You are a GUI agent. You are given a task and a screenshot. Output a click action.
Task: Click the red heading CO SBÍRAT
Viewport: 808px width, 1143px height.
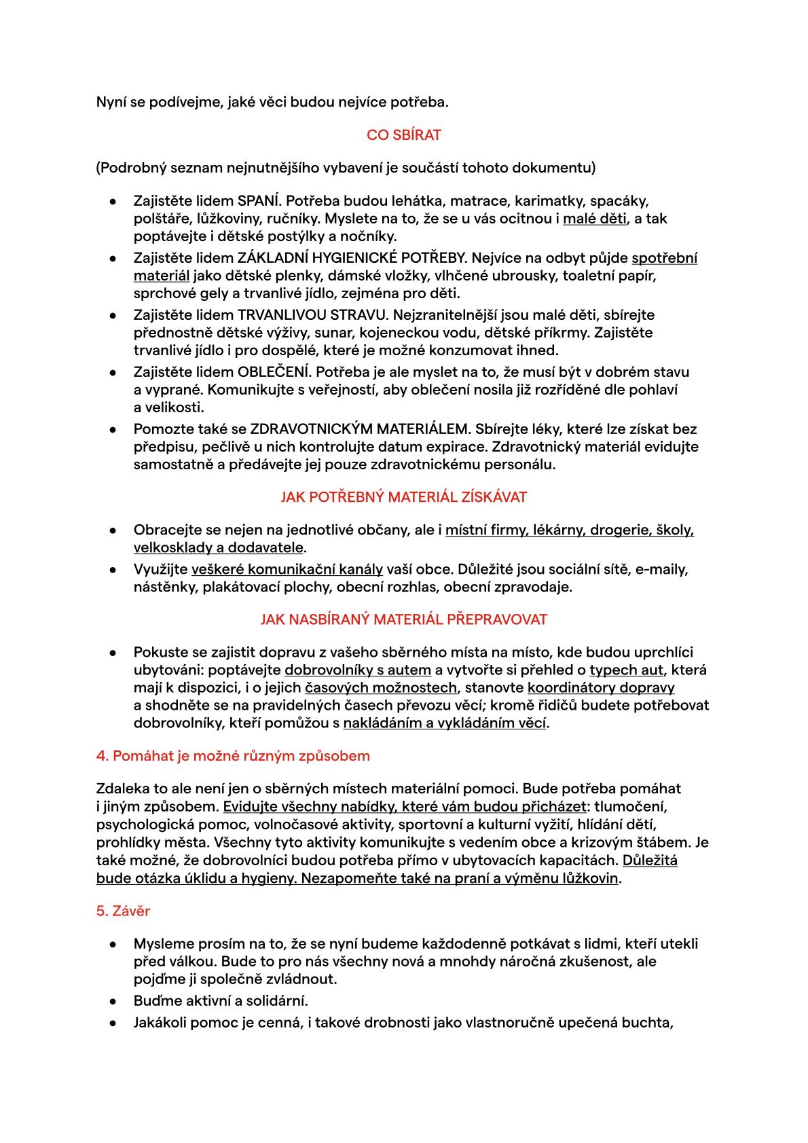[x=403, y=135]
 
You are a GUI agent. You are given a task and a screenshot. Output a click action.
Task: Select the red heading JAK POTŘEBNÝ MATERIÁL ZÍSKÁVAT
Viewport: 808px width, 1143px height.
[x=403, y=497]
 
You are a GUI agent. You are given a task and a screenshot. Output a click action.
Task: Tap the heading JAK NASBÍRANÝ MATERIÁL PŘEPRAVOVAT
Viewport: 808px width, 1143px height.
[x=403, y=619]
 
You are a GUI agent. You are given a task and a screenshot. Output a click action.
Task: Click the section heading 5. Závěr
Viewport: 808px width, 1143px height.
[x=123, y=911]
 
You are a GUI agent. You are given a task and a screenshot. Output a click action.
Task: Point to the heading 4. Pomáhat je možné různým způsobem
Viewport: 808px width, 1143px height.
[x=233, y=756]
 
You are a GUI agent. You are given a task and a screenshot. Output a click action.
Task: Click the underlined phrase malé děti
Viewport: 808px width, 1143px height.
[x=595, y=219]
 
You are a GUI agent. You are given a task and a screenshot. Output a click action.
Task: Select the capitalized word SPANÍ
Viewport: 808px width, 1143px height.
[x=257, y=201]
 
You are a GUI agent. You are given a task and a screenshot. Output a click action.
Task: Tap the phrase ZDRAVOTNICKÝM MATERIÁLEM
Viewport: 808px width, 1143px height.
[x=360, y=429]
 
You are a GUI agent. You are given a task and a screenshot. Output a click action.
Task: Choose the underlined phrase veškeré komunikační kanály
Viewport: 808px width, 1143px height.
[x=287, y=569]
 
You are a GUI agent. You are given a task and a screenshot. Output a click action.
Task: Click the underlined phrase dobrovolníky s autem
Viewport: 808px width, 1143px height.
[x=358, y=670]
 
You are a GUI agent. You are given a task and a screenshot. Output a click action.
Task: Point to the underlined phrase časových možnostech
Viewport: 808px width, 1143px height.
[x=380, y=688]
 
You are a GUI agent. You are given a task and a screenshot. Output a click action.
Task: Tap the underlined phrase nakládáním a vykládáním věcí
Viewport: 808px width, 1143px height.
[x=445, y=723]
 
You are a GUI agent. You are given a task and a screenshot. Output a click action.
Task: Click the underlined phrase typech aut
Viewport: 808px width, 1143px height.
[x=626, y=670]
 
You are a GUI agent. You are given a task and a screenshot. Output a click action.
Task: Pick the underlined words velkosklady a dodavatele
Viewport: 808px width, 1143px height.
[x=219, y=547]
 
